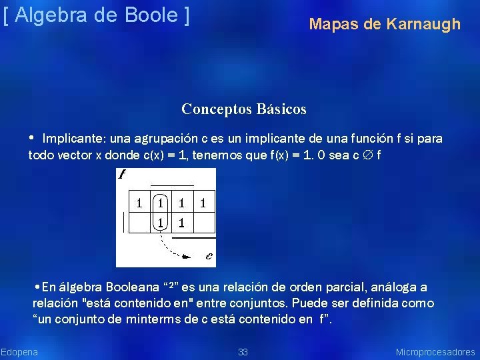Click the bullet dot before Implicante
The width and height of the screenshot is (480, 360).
[x=32, y=138]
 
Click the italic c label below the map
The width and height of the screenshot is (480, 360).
[x=209, y=255]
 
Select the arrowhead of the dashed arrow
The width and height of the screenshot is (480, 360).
[x=188, y=255]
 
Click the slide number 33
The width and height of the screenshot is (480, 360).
[x=243, y=352]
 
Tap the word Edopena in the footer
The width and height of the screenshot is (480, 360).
[x=19, y=352]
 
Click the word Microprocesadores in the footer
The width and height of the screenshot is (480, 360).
[x=435, y=352]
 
